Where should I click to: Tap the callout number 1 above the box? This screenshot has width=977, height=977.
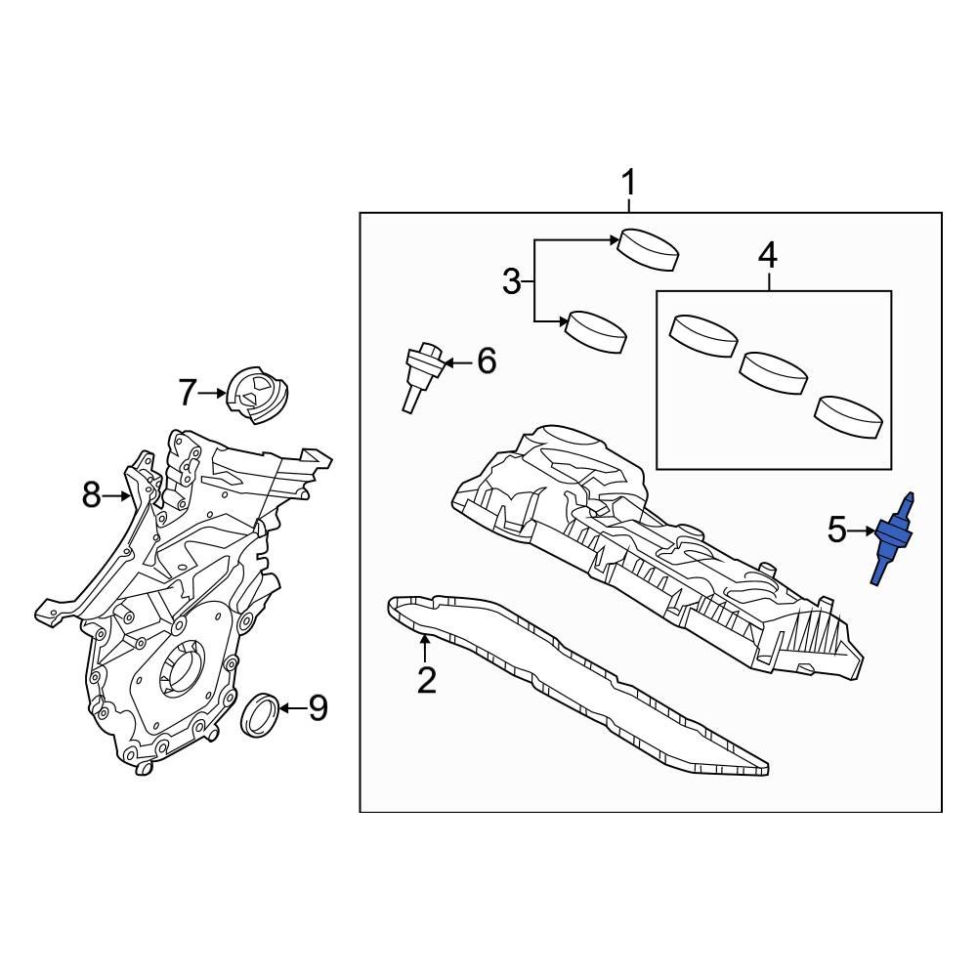pos(629,183)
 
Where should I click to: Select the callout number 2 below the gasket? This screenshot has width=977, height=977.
pos(426,679)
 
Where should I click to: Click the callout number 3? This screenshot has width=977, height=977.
pos(512,282)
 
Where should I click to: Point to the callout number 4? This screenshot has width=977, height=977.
pos(768,256)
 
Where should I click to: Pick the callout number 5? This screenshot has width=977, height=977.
pos(837,531)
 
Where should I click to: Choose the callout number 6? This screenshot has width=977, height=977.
pos(486,361)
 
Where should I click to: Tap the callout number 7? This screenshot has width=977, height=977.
pos(188,393)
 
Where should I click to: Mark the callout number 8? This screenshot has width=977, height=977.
pos(91,496)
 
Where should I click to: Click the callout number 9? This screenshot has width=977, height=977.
pos(318,708)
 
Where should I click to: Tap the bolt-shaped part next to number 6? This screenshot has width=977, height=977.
pos(422,375)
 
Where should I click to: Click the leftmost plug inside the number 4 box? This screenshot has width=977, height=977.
pos(702,336)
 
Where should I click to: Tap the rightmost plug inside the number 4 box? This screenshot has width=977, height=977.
pos(850,415)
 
